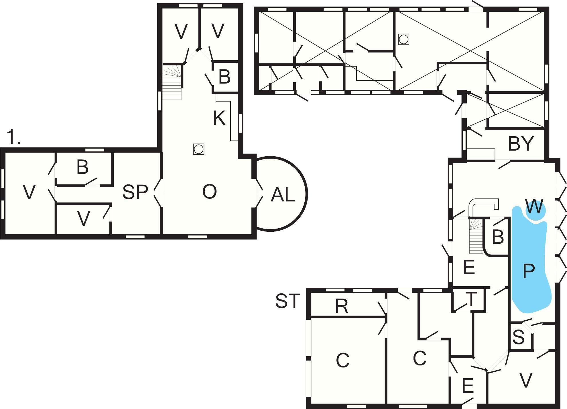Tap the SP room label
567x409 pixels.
[x=135, y=192]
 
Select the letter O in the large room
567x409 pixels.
[x=209, y=192]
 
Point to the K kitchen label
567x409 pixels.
[x=219, y=118]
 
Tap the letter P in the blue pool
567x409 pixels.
[x=529, y=271]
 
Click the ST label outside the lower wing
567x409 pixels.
[x=288, y=301]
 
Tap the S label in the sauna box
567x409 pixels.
[x=519, y=337]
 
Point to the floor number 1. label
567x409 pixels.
[x=14, y=137]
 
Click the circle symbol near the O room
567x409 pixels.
[x=198, y=149]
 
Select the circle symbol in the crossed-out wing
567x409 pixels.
[x=403, y=39]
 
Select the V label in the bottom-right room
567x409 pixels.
[x=526, y=380]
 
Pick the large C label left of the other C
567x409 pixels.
[x=342, y=360]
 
